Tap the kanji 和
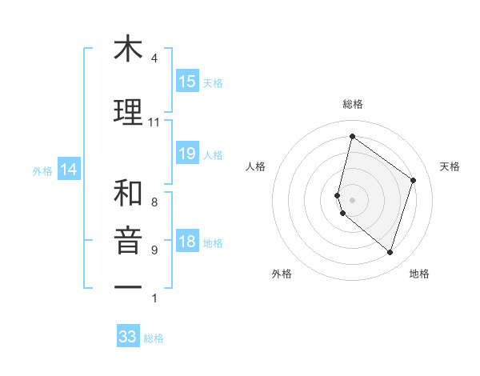click(x=128, y=193)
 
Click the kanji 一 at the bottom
click(x=128, y=286)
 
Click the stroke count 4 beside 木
click(x=154, y=58)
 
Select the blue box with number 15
click(x=186, y=82)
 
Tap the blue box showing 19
click(x=186, y=154)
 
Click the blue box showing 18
click(x=186, y=242)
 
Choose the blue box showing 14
click(x=68, y=170)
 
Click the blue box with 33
click(x=128, y=337)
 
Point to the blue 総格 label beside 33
click(x=154, y=338)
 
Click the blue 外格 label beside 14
click(x=42, y=170)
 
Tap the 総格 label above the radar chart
click(x=353, y=104)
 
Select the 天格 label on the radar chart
click(x=450, y=166)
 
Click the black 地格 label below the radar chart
click(x=419, y=274)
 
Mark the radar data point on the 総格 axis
click(x=352, y=137)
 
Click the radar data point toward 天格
click(x=414, y=180)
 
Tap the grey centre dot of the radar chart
click(x=352, y=198)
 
